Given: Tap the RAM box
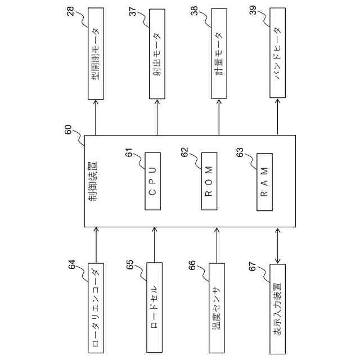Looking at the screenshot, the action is click(x=265, y=181).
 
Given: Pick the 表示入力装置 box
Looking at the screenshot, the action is click(x=278, y=308).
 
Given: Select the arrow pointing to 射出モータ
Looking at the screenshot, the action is click(x=156, y=116).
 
